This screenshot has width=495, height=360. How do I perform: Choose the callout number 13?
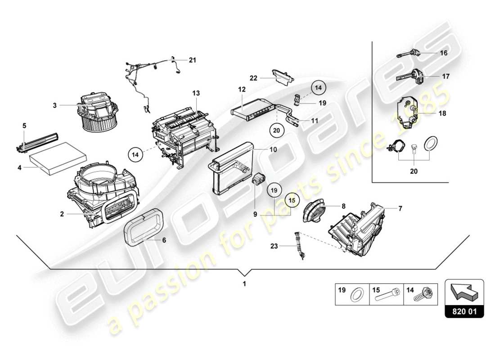click(196, 93)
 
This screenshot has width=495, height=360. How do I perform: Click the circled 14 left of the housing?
click(135, 154)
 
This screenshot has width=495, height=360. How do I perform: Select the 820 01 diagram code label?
click(464, 311)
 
